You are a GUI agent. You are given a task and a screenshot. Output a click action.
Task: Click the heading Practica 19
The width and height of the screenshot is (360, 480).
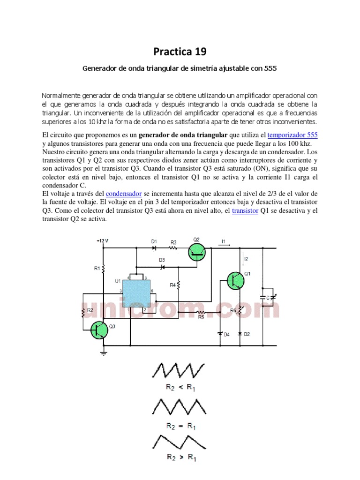(180, 51)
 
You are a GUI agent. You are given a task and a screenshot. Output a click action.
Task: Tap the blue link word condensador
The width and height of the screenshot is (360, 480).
(124, 194)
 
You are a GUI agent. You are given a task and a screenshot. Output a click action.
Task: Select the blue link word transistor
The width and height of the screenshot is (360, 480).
(245, 211)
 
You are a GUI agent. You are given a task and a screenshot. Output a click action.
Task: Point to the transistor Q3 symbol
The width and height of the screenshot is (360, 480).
(99, 330)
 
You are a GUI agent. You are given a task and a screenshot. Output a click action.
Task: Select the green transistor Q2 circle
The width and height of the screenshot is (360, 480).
(197, 253)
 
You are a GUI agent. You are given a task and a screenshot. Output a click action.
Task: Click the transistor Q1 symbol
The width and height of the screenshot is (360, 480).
(235, 280)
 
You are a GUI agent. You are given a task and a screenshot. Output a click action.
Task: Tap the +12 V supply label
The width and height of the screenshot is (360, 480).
(102, 241)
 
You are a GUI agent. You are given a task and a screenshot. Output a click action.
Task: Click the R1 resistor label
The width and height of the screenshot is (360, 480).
(97, 269)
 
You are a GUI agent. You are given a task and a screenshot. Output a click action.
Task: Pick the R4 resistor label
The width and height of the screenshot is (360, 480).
(172, 285)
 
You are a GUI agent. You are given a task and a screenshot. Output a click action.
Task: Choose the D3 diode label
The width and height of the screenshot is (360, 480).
(162, 259)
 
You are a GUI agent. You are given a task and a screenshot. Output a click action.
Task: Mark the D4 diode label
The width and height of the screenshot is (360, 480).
(226, 334)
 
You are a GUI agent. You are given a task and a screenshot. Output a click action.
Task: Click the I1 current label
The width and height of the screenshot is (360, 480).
(224, 241)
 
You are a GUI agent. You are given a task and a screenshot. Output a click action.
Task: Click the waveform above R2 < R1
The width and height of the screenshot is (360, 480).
(178, 370)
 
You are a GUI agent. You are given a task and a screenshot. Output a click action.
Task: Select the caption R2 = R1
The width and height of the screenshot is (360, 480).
(181, 426)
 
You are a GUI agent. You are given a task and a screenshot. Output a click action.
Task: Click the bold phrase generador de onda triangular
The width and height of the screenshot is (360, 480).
(192, 135)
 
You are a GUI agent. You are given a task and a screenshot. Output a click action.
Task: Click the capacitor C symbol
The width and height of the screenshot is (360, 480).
(263, 297)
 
